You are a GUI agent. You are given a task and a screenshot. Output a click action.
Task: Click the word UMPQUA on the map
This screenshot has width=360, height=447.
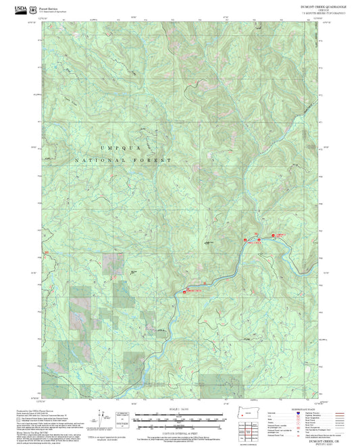point(110,147)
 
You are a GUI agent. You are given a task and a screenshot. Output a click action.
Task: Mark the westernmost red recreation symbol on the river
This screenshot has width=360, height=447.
point(184,292)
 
